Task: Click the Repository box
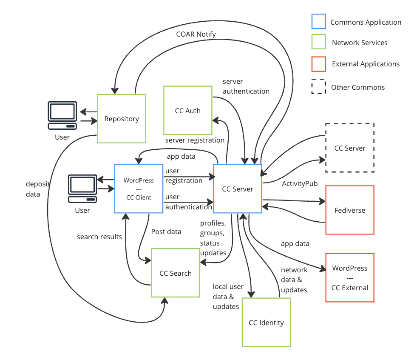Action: [122, 119]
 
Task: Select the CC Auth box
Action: [187, 110]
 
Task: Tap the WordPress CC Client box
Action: [139, 189]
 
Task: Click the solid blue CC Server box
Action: [237, 189]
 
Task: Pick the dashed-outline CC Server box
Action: [349, 148]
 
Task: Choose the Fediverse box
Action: [349, 210]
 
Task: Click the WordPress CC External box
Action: [349, 277]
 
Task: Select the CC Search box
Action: [176, 273]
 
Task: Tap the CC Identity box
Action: [266, 322]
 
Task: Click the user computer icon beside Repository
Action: [62, 115]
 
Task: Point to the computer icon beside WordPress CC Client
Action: [82, 189]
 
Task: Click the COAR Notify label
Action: [196, 34]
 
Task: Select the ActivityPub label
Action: [300, 183]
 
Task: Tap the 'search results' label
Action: [99, 237]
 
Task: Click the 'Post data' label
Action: [166, 231]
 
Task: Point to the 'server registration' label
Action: [195, 140]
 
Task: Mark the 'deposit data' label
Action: [38, 189]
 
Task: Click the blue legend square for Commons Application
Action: [318, 23]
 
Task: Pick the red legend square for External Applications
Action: [318, 64]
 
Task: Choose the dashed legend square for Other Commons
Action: [318, 87]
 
